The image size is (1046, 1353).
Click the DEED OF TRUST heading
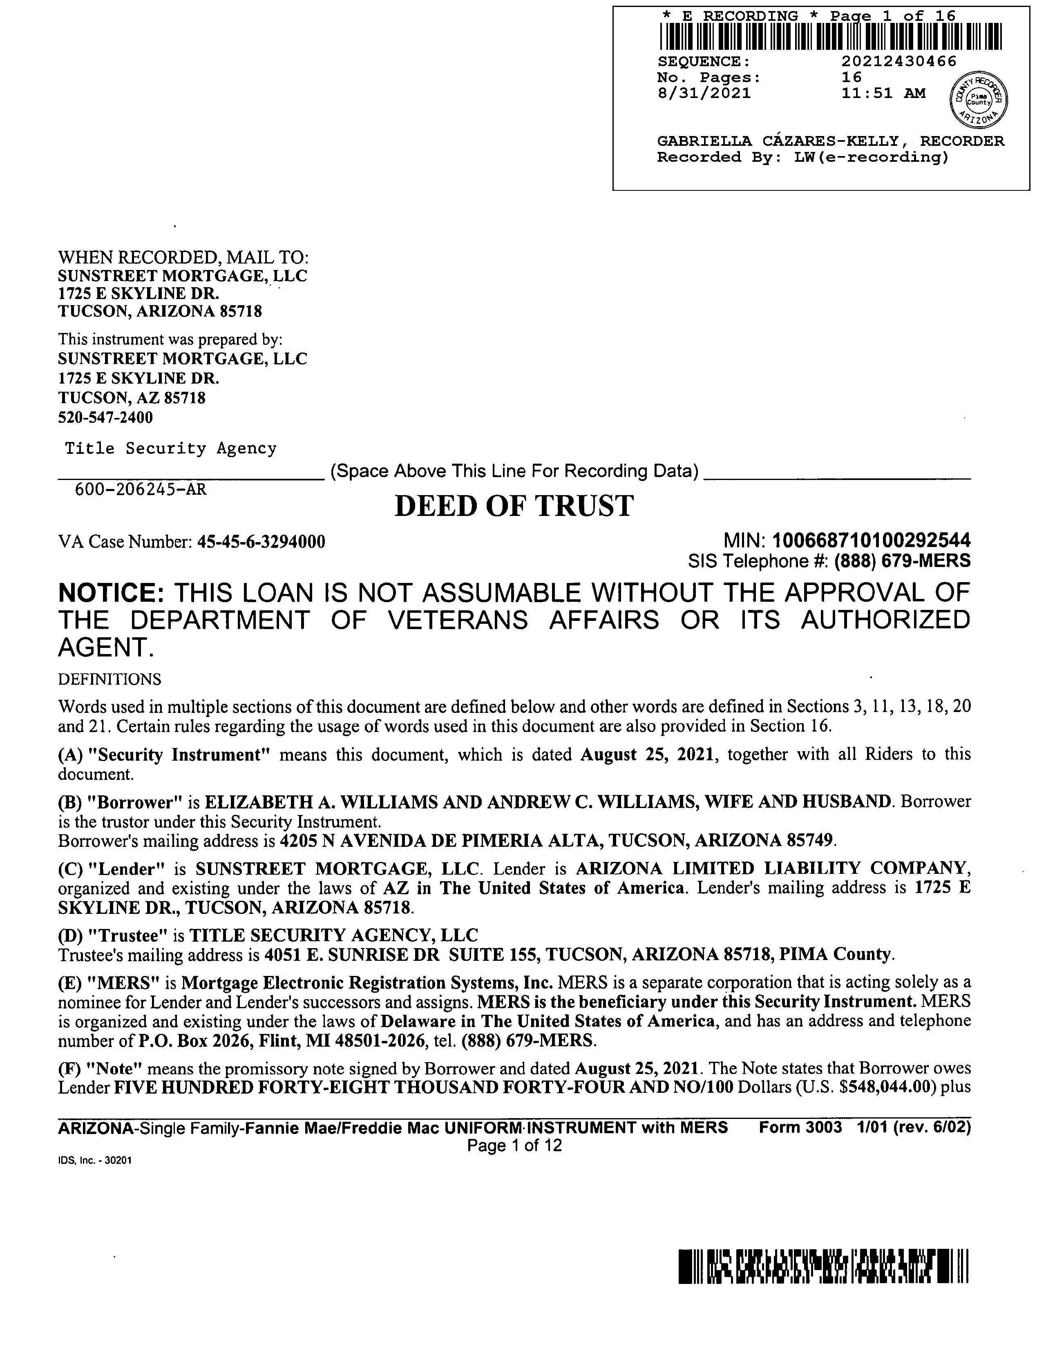pos(514,506)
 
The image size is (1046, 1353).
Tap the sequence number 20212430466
pos(898,61)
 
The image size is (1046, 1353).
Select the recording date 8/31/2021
pos(704,94)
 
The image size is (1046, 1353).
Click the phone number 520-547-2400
pos(105,418)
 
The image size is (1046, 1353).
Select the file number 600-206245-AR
pos(141,489)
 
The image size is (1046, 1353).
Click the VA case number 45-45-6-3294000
pos(261,543)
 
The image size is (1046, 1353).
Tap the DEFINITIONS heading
pos(109,680)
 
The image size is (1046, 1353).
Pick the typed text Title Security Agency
pos(171,449)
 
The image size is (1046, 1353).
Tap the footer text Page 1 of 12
pos(514,1145)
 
